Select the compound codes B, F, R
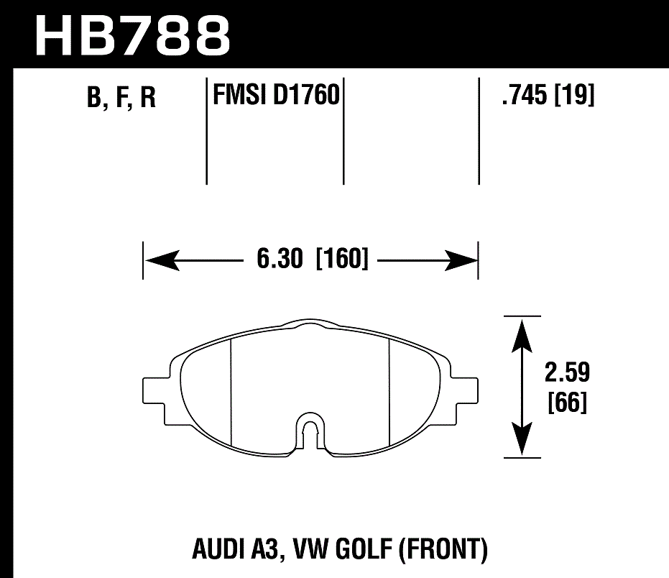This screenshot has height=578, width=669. (121, 97)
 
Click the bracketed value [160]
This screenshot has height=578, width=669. (342, 259)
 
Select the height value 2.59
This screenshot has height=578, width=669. (567, 373)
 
